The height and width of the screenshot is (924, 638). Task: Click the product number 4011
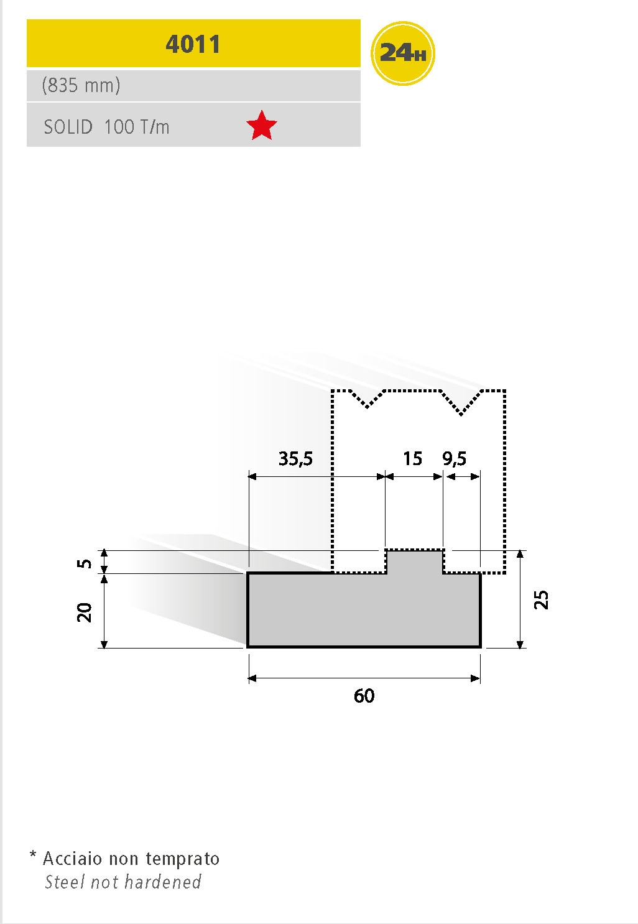point(193,44)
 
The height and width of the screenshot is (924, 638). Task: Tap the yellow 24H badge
point(402,53)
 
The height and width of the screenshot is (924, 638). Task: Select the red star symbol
point(261,126)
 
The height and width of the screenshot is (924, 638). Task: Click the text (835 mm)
point(81,85)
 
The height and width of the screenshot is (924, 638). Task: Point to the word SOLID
point(68,127)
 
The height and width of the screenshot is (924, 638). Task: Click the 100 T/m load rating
point(137,127)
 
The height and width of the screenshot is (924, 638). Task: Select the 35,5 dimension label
point(295,458)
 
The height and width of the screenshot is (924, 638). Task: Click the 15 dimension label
point(412,458)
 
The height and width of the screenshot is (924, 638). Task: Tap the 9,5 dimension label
point(454,458)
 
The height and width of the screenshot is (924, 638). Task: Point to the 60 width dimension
point(364,695)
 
